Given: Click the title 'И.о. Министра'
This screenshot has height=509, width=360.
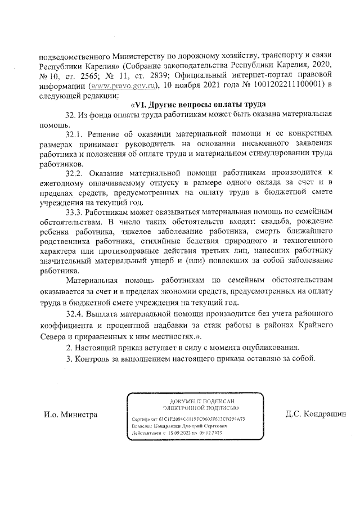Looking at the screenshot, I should pos(71,415).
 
